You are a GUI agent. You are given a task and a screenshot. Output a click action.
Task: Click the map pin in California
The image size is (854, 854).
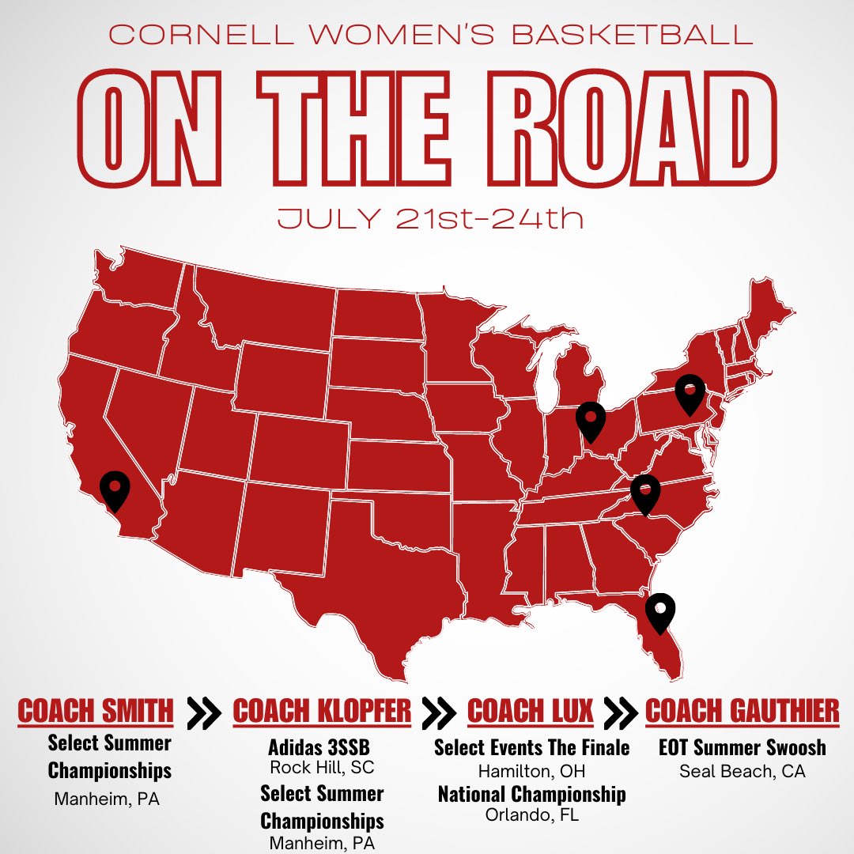coord(115,489)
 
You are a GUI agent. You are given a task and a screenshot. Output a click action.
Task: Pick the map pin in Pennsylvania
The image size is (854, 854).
coord(690,393)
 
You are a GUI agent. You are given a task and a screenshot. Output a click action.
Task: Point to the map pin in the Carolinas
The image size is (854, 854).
coord(645,493)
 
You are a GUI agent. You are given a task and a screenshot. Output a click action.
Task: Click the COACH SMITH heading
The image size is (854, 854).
coord(96,711)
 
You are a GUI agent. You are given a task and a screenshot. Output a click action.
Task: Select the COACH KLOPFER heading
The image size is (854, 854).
coord(322,712)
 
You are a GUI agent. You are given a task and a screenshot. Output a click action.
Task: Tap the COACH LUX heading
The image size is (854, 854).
coord(530,712)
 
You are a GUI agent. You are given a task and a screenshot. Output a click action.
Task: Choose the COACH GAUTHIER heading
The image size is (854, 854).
coord(742,712)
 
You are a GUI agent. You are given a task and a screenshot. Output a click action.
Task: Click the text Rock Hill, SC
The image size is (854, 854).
coord(322,767)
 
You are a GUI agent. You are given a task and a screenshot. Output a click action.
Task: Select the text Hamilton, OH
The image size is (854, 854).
coord(531,770)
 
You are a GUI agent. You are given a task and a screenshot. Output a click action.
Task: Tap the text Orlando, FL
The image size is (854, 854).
coord(531,814)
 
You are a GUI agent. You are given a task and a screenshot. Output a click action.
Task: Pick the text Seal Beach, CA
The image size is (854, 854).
coord(742,770)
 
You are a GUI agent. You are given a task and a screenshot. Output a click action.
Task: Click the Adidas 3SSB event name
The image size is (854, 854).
coord(319,747)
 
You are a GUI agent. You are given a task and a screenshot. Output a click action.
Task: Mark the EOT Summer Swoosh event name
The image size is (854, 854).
coord(742,747)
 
